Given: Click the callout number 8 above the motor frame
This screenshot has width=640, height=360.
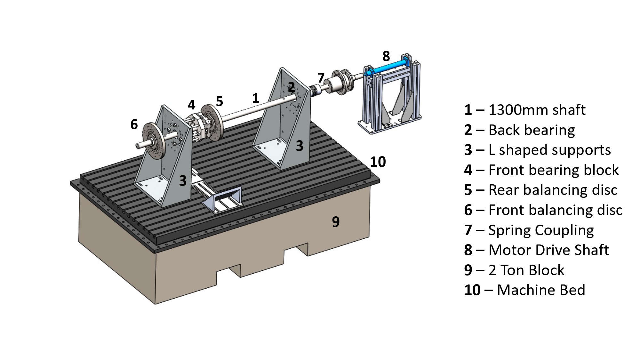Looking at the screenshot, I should (386, 56).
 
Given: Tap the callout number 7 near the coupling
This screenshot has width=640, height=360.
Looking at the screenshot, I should (321, 78).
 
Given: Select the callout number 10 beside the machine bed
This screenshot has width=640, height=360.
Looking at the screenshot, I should (378, 162).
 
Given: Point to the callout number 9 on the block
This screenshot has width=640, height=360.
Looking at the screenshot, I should (335, 222).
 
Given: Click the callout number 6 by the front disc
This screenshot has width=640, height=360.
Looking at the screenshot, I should (134, 124).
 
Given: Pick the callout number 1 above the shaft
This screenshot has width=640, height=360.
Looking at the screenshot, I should (255, 98).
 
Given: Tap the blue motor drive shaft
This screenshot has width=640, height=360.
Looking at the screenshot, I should (389, 68).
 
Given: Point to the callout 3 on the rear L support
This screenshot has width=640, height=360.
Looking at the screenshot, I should (299, 146).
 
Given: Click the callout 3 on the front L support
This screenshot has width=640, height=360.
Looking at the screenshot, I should (182, 181).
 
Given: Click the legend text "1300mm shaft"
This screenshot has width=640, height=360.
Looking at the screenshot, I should (537, 110).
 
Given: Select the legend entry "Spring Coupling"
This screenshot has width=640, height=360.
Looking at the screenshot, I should (541, 230).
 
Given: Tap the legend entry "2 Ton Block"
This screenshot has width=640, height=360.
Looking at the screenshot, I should (526, 270).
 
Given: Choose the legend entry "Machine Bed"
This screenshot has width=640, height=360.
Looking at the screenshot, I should (541, 290).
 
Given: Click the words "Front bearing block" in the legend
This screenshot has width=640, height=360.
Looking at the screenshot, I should (554, 170).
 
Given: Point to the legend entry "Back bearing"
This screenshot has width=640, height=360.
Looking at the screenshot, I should (532, 130).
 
